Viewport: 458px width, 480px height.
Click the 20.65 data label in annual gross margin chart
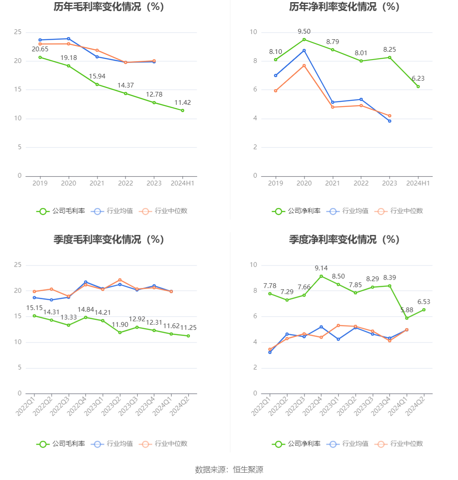tap(40, 49)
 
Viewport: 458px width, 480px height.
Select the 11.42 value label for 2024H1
tap(182, 103)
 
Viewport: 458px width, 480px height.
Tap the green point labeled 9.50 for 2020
tap(304, 40)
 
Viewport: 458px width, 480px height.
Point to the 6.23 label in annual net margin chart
tap(418, 78)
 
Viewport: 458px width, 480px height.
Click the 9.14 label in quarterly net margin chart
tap(321, 268)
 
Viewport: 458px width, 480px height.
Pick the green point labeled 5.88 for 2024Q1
tap(407, 318)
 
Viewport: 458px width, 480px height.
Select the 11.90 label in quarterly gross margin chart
tap(119, 324)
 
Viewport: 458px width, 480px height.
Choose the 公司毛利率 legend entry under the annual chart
tap(61, 211)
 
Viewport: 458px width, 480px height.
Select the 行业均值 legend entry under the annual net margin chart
tap(348, 211)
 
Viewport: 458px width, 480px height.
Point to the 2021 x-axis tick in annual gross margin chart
tap(97, 183)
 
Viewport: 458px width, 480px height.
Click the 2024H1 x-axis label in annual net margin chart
tap(418, 183)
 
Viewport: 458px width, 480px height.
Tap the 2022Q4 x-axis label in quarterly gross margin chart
tap(79, 406)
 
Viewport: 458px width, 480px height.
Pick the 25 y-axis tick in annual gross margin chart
tap(18, 32)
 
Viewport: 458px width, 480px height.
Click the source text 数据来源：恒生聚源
tap(229, 470)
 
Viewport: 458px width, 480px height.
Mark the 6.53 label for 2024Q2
tap(424, 302)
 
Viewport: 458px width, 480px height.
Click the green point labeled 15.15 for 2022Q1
tap(35, 316)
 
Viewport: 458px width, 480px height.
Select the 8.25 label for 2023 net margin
tap(389, 50)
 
